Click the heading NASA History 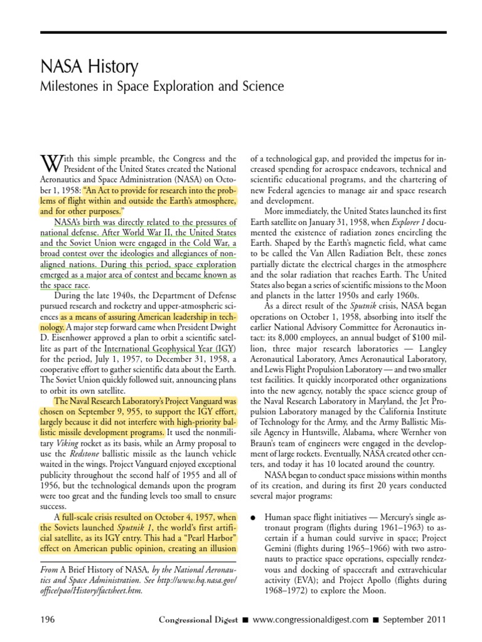click(x=89, y=66)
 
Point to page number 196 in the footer click(x=47, y=619)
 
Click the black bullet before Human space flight click(x=253, y=518)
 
